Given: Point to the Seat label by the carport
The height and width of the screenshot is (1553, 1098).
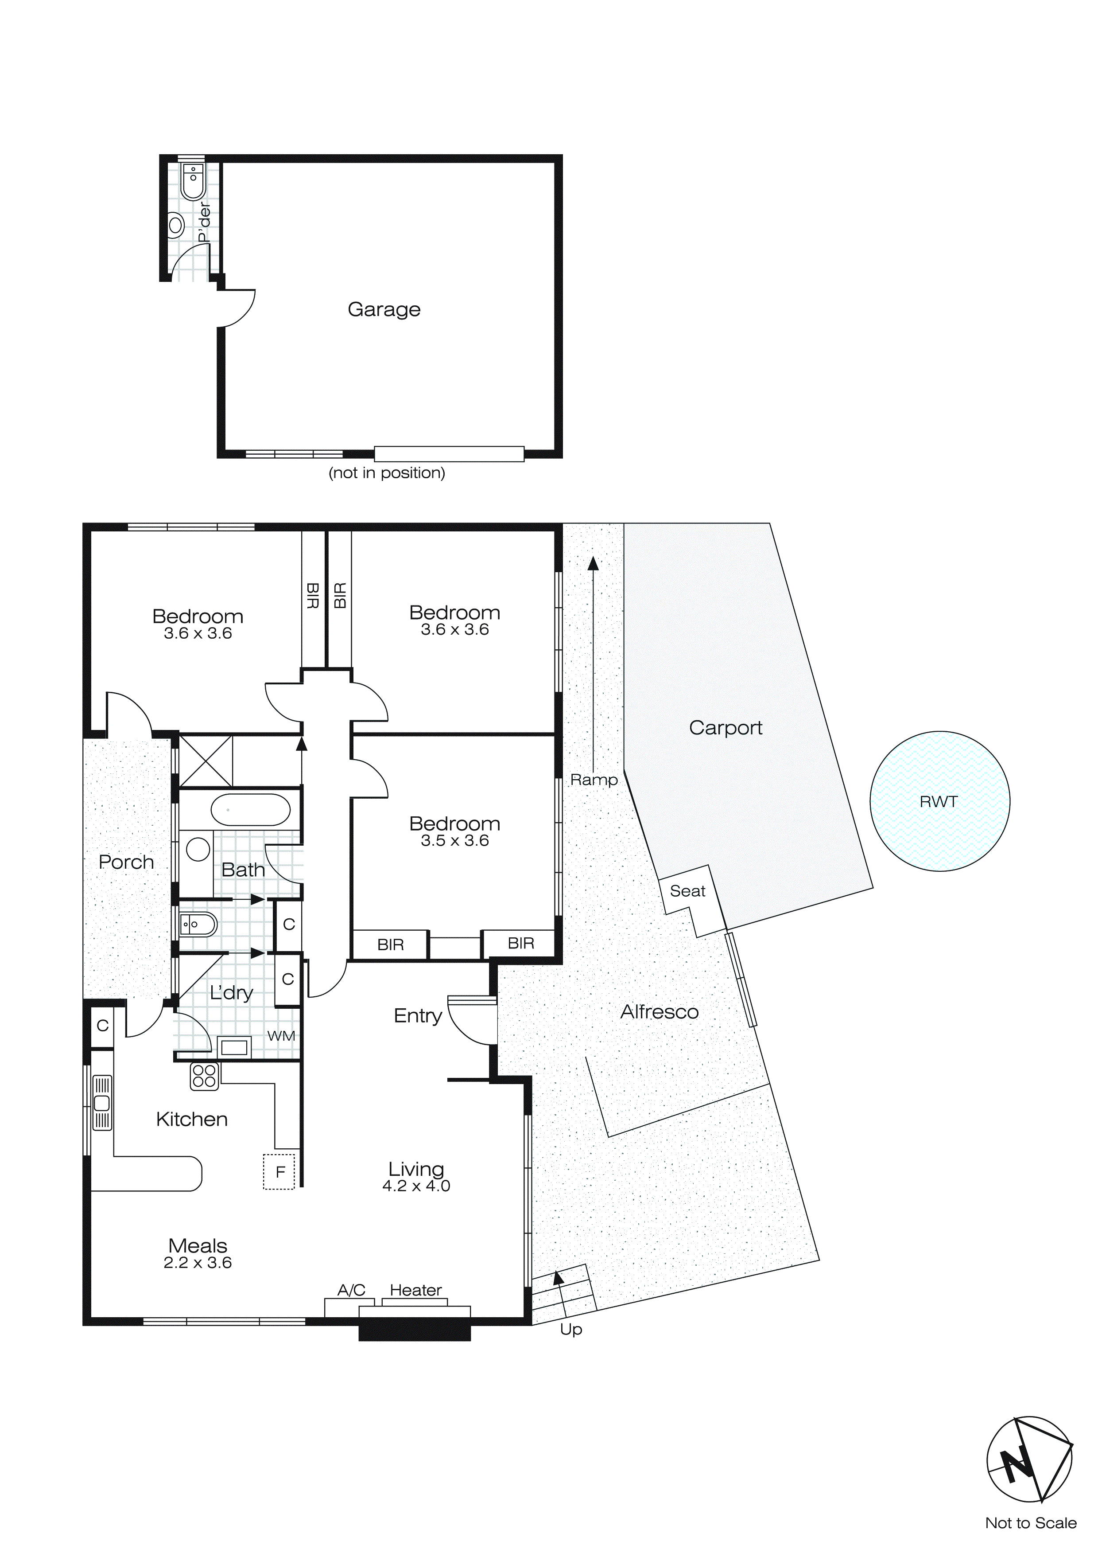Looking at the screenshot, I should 687,891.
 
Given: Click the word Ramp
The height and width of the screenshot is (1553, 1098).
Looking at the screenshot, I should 594,780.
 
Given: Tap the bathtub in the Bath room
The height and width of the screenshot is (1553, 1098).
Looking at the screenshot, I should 250,810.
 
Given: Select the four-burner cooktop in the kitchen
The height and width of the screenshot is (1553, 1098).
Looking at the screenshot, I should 204,1076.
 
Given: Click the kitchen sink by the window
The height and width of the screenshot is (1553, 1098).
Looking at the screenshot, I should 102,1103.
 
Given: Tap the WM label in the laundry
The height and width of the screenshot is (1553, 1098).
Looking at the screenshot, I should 280,1036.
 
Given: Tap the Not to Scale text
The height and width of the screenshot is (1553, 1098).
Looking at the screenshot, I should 1030,1523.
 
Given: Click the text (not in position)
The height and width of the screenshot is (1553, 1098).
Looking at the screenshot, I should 387,473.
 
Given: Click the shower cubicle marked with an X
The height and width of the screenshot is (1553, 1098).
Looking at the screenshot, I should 206,761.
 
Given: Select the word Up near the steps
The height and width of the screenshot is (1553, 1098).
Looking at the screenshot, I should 570,1330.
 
